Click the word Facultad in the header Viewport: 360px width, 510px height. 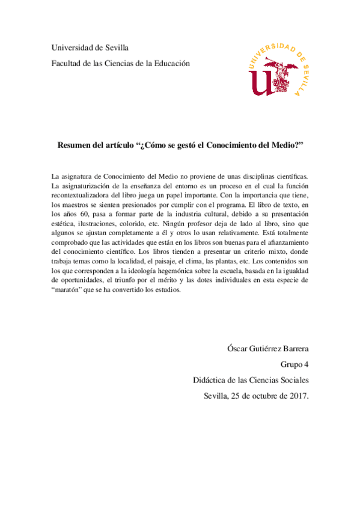pyautogui.click(x=67, y=63)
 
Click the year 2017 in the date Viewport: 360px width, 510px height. pyautogui.click(x=297, y=396)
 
